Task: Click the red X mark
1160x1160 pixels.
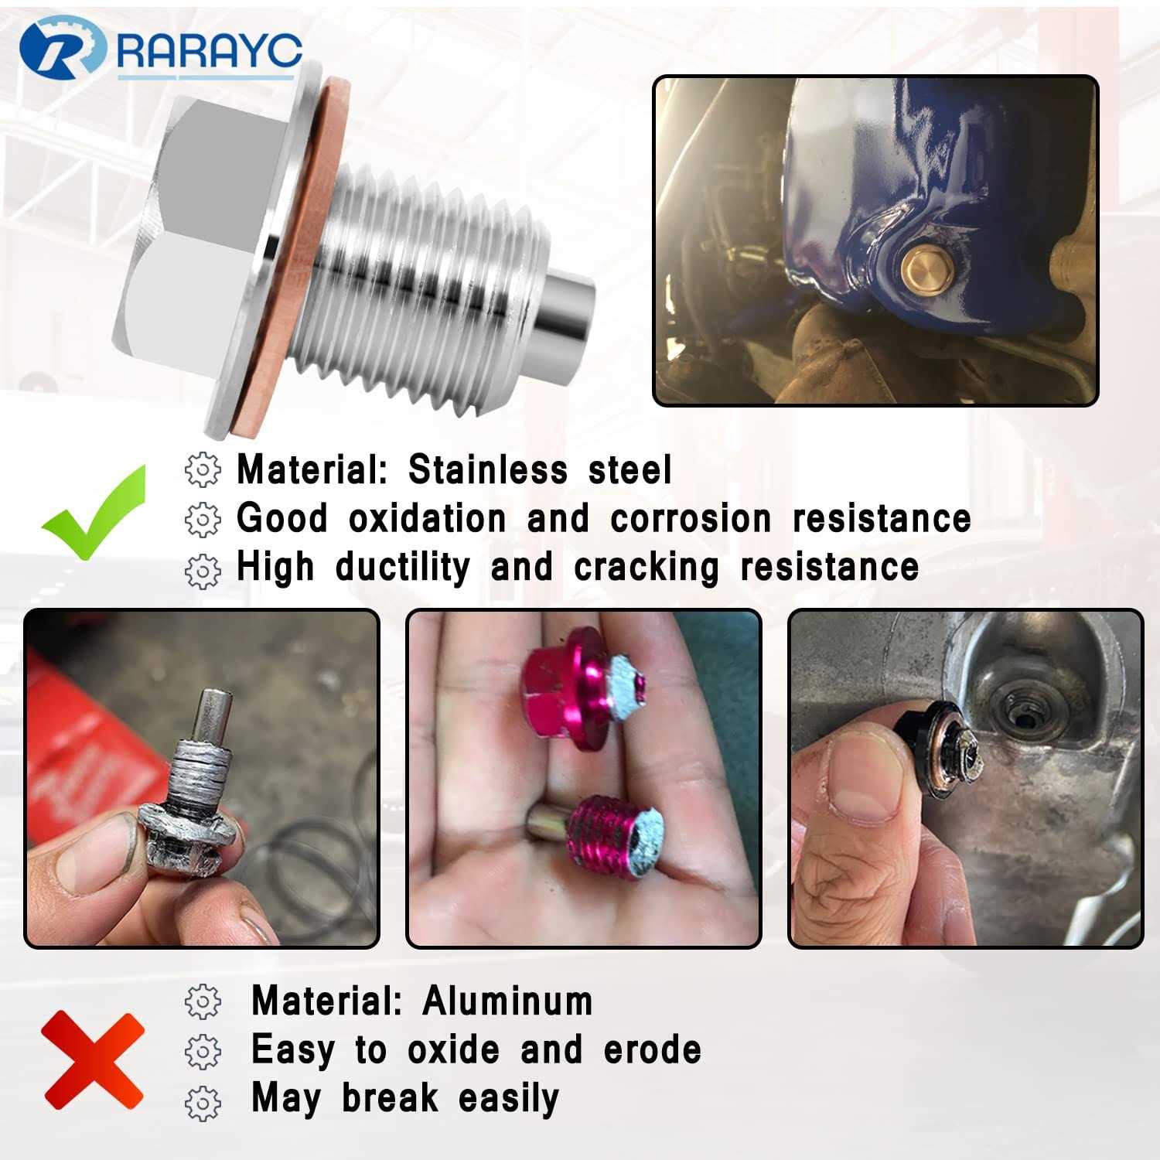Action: (93, 1060)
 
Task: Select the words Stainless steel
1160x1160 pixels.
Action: (540, 469)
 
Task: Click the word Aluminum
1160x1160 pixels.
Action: (507, 1001)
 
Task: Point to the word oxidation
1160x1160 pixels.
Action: (427, 517)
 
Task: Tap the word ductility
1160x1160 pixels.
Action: (402, 566)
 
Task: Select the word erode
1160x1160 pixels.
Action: (652, 1049)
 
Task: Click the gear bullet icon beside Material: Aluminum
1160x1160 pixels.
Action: (203, 1002)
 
